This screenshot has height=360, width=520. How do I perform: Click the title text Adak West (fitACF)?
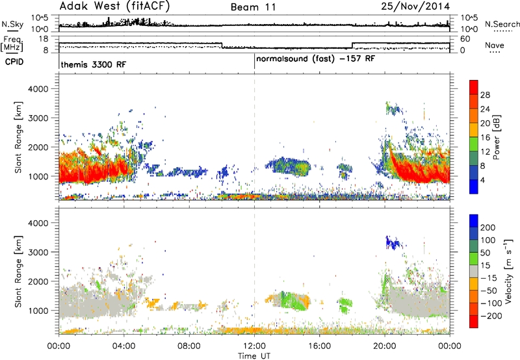pos(114,6)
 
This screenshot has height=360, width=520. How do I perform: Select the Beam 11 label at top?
pos(253,7)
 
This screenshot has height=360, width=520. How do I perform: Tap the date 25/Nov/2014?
pos(415,6)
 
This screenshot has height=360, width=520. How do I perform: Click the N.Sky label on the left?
pos(12,24)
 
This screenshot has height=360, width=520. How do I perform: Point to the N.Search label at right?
pos(502,24)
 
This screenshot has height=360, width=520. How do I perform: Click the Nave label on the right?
pos(494,45)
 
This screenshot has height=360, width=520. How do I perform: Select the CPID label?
pos(14,62)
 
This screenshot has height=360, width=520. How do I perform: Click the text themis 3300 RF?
pos(94,64)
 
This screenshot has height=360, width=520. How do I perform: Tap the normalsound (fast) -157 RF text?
pos(315,59)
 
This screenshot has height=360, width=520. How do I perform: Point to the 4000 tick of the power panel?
pos(38,89)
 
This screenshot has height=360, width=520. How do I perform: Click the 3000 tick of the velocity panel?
pos(38,252)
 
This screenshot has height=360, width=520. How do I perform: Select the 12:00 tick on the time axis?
pos(254,346)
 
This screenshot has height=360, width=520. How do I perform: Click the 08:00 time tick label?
pos(189,346)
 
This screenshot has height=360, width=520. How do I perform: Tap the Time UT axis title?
pos(254,356)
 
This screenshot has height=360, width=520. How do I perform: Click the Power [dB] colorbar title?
pos(496,137)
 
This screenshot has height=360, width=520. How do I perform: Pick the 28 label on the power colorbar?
pos(485,95)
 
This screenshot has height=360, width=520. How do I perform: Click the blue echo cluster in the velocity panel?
pos(394,243)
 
